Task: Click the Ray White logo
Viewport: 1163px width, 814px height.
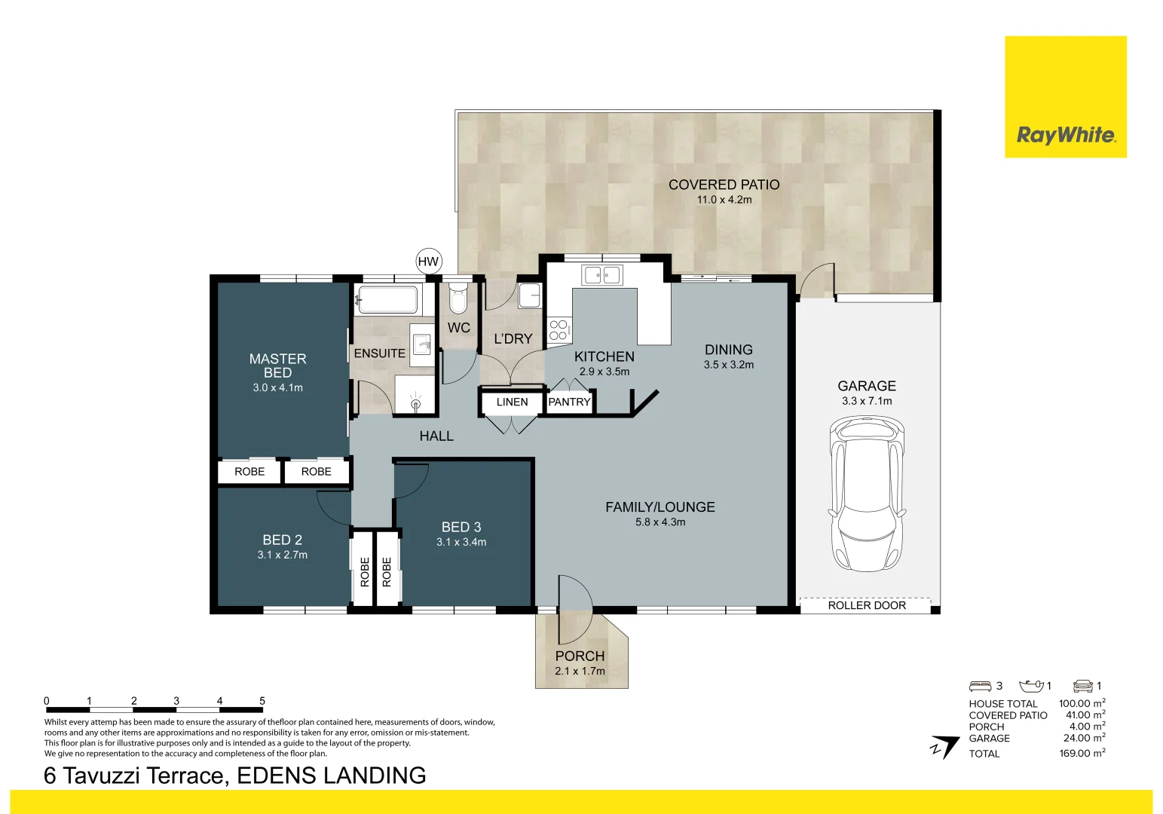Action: click(x=1065, y=135)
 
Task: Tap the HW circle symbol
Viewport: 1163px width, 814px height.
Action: click(x=428, y=262)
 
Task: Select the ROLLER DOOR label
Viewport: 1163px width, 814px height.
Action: click(x=866, y=605)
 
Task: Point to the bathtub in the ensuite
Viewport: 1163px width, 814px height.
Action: click(x=387, y=299)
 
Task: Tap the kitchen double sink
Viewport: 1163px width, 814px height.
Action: click(x=601, y=275)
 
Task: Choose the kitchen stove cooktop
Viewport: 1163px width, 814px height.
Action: click(x=559, y=329)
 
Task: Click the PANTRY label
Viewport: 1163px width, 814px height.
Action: click(x=569, y=402)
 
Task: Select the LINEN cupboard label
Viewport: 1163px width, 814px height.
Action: click(x=512, y=402)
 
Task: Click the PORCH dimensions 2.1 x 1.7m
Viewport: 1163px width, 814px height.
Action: click(x=580, y=671)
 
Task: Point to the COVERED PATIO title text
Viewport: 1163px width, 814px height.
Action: click(x=724, y=185)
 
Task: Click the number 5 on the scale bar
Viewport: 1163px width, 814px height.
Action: click(x=262, y=701)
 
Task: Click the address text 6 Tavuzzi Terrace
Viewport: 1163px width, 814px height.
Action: click(x=136, y=776)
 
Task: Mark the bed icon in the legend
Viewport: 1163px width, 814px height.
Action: click(x=980, y=686)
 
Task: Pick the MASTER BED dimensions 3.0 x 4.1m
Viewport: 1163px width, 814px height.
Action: click(x=277, y=387)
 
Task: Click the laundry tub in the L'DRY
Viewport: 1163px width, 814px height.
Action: click(x=529, y=295)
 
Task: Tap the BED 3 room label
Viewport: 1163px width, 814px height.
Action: click(x=461, y=527)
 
